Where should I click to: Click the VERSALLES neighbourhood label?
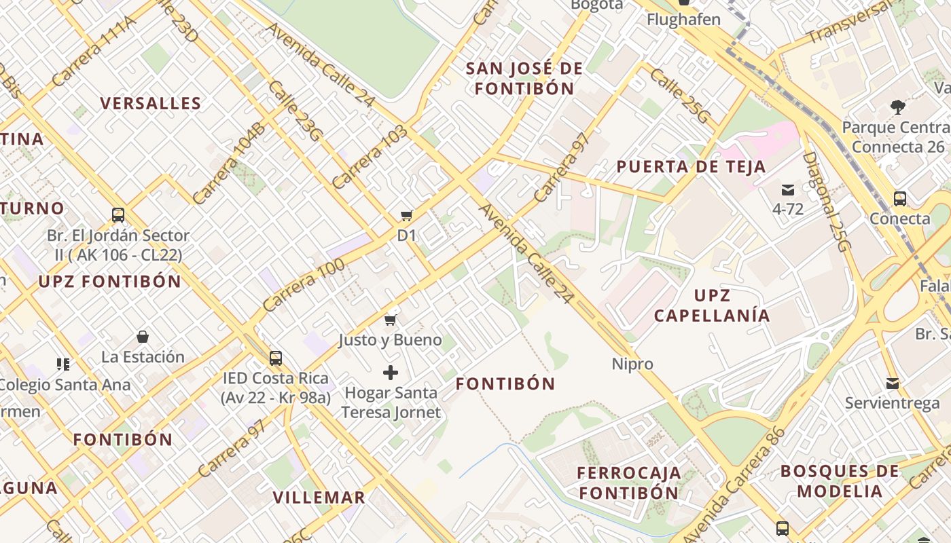tap(151, 104)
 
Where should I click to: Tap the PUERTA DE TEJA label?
tap(691, 167)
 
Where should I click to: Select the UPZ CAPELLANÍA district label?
tap(712, 305)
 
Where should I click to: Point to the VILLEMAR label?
tap(319, 498)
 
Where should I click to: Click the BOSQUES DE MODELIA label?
tap(840, 481)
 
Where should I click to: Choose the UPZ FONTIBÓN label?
tap(110, 282)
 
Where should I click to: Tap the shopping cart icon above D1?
tap(406, 216)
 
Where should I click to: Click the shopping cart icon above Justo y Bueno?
tap(391, 320)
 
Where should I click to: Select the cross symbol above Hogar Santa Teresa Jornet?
tap(391, 373)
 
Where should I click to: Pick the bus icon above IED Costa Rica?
tap(275, 358)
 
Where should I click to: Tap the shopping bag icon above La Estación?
tap(143, 337)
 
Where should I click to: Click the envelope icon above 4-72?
tap(788, 190)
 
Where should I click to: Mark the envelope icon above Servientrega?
tap(893, 383)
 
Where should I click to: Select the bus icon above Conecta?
tap(900, 199)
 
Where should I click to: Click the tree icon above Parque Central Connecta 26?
tap(898, 107)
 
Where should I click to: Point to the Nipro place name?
tap(632, 364)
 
